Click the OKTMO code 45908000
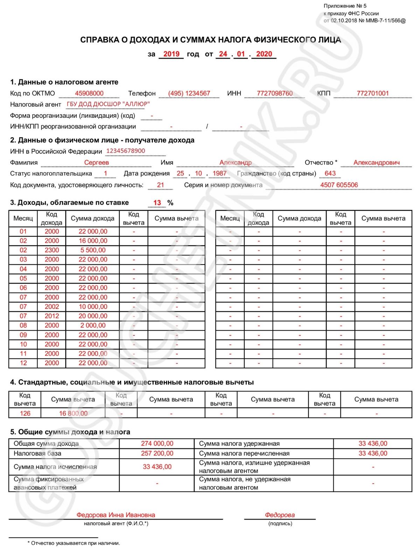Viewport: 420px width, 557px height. click(x=89, y=93)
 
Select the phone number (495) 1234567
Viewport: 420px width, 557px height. click(x=189, y=93)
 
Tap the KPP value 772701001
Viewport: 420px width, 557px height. click(x=373, y=93)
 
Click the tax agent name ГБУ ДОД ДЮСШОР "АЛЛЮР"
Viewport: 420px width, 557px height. click(x=108, y=104)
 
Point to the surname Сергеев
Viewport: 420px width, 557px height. click(x=97, y=162)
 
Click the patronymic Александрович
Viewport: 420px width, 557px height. click(x=376, y=162)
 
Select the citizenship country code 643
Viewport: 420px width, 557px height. click(x=330, y=173)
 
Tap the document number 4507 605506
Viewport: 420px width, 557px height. click(x=339, y=185)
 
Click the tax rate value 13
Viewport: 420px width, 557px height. click(x=157, y=203)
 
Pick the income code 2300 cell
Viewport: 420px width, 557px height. click(x=52, y=250)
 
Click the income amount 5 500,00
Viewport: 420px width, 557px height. click(x=93, y=250)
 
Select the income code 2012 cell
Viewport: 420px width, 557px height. click(x=52, y=316)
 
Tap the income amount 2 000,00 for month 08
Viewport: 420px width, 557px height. click(x=93, y=325)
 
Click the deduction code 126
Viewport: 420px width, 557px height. click(x=25, y=413)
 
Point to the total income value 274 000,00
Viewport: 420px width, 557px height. click(x=157, y=443)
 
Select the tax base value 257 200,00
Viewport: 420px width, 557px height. click(x=157, y=453)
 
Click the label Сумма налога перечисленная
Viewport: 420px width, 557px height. click(x=244, y=453)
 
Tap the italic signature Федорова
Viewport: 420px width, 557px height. click(x=280, y=515)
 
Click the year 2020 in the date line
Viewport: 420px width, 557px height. click(x=264, y=54)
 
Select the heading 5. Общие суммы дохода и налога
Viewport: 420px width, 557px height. click(x=70, y=432)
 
